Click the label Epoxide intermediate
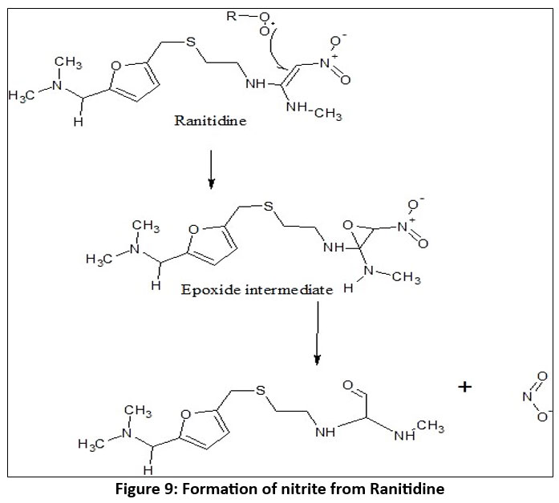click(255, 289)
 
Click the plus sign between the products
click(464, 388)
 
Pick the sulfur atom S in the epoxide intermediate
click(269, 207)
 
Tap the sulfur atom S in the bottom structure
click(261, 391)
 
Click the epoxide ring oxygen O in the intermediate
click(350, 228)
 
